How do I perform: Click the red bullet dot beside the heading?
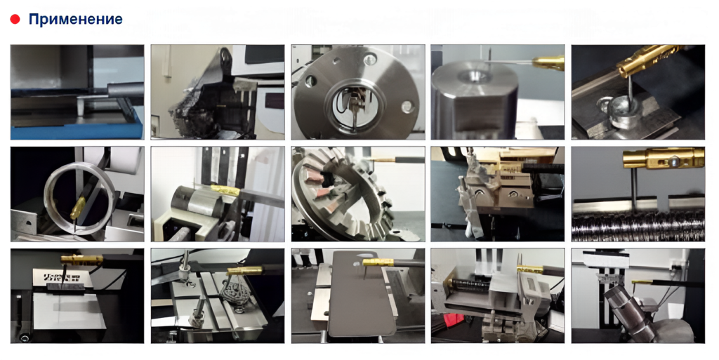15,19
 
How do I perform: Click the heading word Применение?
75,19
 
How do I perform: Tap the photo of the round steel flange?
357,92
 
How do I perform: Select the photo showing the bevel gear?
357,194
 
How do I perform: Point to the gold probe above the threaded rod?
663,159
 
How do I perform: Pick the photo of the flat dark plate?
357,296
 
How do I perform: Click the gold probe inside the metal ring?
77,208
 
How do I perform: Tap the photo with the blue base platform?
77,92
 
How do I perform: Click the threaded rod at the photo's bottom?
638,227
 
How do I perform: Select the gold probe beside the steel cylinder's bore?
548,62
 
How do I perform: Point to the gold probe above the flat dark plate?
378,262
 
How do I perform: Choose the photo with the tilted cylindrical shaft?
638,296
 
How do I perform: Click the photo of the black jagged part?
218,92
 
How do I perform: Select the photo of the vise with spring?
498,296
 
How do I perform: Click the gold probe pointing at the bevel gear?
387,160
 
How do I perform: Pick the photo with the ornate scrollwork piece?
218,296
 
